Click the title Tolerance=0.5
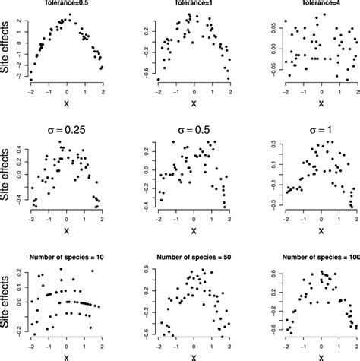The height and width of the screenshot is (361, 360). [68, 3]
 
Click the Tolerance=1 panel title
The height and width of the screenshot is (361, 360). [190, 3]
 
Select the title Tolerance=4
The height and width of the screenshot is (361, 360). [311, 3]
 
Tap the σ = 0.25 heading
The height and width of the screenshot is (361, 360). [68, 131]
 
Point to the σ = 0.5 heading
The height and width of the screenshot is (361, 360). [190, 131]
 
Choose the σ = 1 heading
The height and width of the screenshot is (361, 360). [311, 131]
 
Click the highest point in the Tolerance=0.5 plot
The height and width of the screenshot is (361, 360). [70, 14]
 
